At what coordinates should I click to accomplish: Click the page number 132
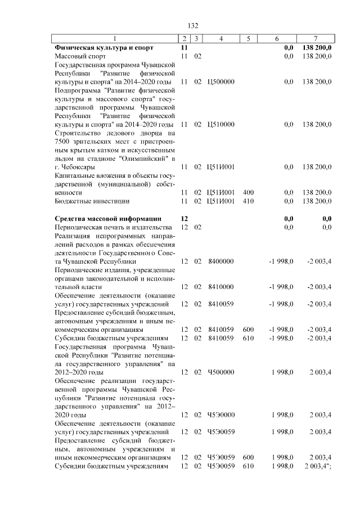coord(193,26)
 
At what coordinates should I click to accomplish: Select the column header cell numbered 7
coord(316,39)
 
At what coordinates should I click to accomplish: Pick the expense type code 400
coord(248,192)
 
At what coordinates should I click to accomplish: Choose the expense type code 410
coord(248,201)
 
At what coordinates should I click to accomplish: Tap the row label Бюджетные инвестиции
coord(92,201)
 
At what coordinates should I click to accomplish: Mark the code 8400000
coord(217,262)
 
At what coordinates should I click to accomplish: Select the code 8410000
coord(217,287)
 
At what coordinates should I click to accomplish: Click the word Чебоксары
coord(78,167)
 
